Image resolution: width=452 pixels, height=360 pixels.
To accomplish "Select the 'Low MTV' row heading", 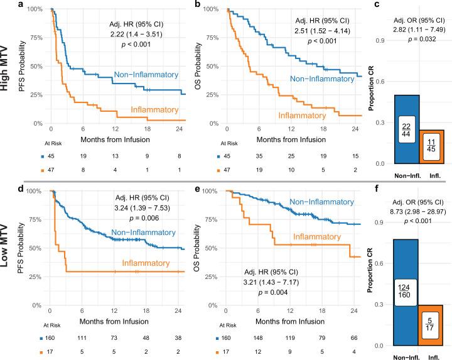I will tap(6, 248).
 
